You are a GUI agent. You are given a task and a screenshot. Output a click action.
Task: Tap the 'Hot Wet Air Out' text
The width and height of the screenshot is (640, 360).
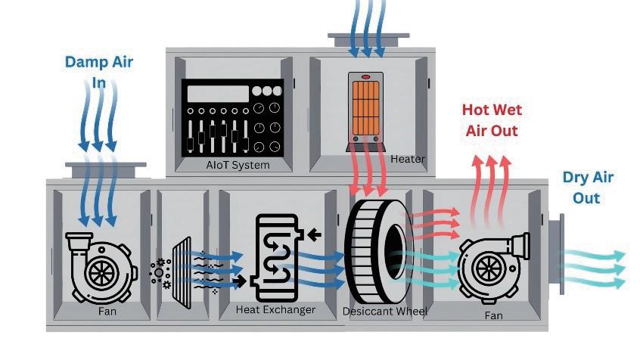tap(492, 120)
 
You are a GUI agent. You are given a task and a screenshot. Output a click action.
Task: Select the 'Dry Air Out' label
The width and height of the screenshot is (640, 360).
tap(587, 188)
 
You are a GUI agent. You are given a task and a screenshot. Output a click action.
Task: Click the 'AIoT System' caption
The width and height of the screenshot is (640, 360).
tap(238, 165)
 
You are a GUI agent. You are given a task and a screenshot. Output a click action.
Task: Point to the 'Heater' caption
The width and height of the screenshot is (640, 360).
tap(409, 159)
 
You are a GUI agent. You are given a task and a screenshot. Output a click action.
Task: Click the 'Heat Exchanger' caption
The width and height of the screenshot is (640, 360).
tap(275, 309)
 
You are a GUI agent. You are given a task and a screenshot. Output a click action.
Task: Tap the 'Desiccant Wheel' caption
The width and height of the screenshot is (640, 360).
tap(385, 312)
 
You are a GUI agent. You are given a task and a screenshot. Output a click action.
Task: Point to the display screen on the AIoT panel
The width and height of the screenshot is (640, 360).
tap(216, 94)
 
